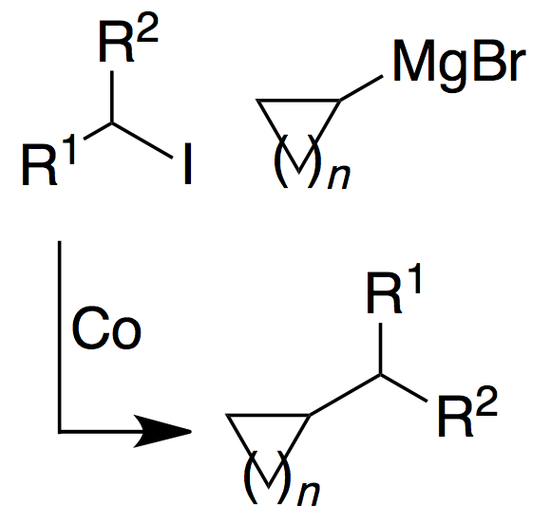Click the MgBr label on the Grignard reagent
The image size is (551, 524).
[459, 65]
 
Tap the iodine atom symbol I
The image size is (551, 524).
[188, 163]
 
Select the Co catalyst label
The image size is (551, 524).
[106, 328]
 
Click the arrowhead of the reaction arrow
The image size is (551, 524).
[162, 431]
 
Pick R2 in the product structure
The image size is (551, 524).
[467, 411]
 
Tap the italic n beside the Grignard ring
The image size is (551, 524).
[339, 178]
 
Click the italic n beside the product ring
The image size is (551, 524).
[309, 494]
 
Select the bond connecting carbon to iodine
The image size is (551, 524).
[142, 140]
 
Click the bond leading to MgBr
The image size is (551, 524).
[361, 87]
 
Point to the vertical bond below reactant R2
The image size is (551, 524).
[112, 97]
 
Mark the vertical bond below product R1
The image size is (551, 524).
[381, 348]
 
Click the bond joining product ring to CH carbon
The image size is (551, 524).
[345, 395]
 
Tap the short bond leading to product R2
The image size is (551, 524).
[404, 387]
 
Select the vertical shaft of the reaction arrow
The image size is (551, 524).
[60, 336]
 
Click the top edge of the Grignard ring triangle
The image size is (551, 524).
[298, 101]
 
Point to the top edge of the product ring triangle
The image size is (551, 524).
[268, 416]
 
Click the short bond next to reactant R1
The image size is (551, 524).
[98, 131]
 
